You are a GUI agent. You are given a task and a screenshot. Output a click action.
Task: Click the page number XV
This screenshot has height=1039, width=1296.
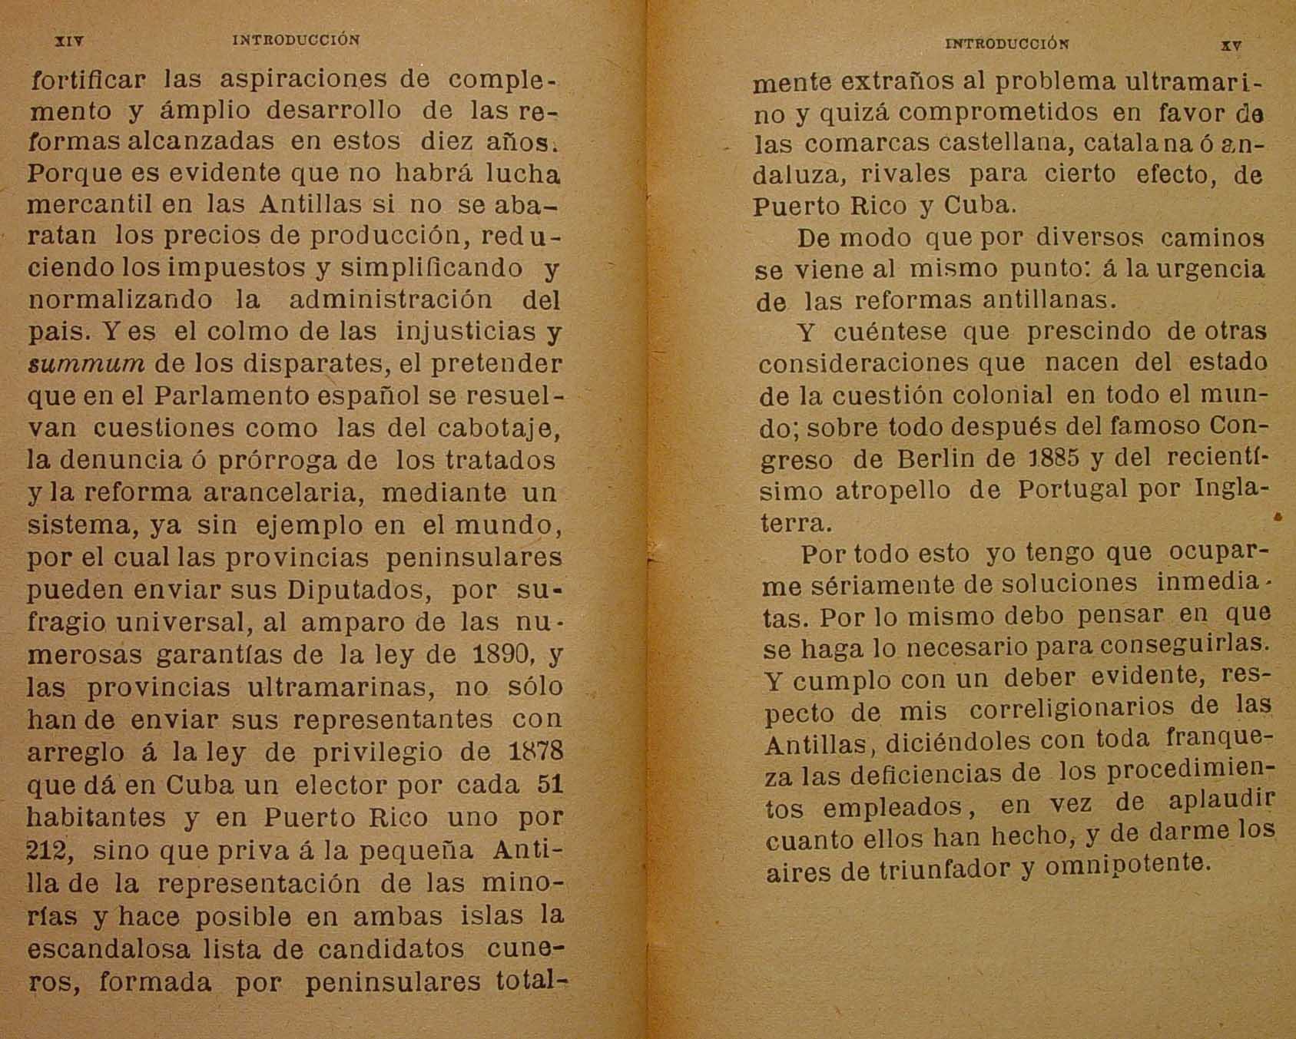[x=1231, y=45]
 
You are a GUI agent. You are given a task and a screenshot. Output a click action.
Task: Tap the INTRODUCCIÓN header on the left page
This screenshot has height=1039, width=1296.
[x=296, y=40]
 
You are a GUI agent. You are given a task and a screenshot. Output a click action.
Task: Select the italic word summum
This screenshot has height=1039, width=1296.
[x=85, y=363]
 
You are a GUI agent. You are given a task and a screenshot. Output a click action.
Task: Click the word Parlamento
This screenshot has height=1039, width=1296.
[x=234, y=395]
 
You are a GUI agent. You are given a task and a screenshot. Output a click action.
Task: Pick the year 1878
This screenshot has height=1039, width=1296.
[x=535, y=751]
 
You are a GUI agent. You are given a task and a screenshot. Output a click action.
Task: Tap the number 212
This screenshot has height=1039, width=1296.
[x=48, y=850]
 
